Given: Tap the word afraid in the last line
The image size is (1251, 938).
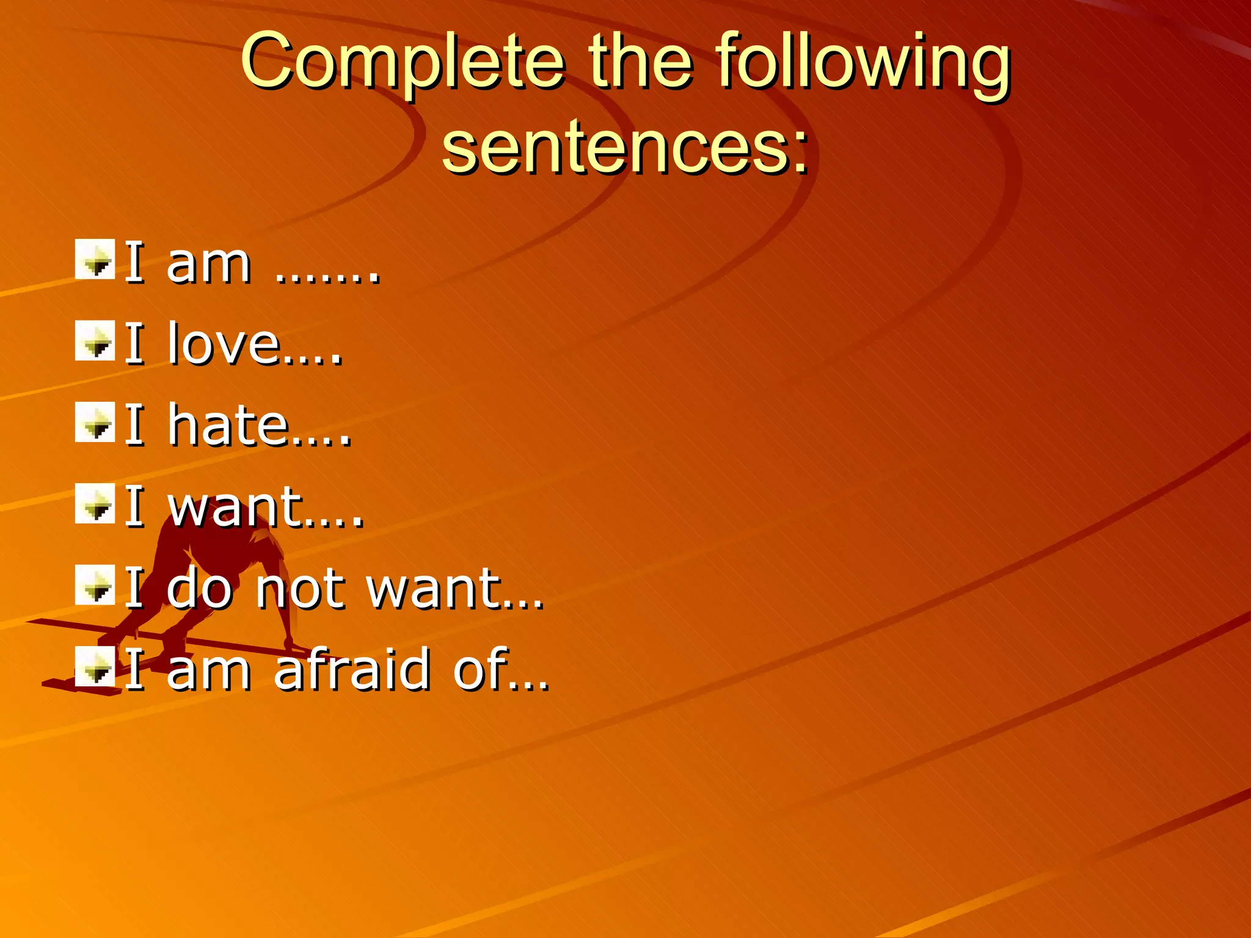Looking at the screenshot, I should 352,669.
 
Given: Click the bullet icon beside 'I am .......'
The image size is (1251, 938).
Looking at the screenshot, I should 95,260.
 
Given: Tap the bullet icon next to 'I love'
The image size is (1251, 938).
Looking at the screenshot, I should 95,341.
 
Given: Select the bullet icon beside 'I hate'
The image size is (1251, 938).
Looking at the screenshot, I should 95,422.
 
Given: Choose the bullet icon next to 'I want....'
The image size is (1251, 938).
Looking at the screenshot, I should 95,503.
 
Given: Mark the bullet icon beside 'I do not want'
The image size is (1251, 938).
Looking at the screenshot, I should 95,585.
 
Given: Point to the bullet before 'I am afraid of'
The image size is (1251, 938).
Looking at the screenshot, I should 95,666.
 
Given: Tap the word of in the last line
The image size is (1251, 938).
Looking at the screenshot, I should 480,669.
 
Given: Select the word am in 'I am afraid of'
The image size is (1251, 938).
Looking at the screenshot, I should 208,671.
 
